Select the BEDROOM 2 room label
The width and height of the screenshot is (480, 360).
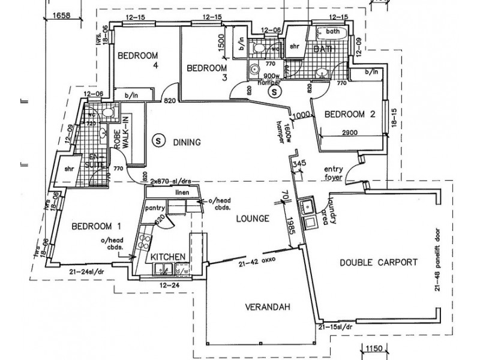coord(349,114)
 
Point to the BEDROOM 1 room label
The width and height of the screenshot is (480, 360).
coord(96,226)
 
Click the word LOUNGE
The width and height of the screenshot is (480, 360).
coord(251,218)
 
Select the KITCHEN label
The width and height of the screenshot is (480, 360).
coord(167,257)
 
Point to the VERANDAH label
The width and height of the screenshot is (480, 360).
coord(267,307)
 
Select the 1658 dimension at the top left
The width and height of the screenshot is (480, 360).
coord(64,15)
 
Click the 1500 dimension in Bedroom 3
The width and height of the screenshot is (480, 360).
coord(221,41)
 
